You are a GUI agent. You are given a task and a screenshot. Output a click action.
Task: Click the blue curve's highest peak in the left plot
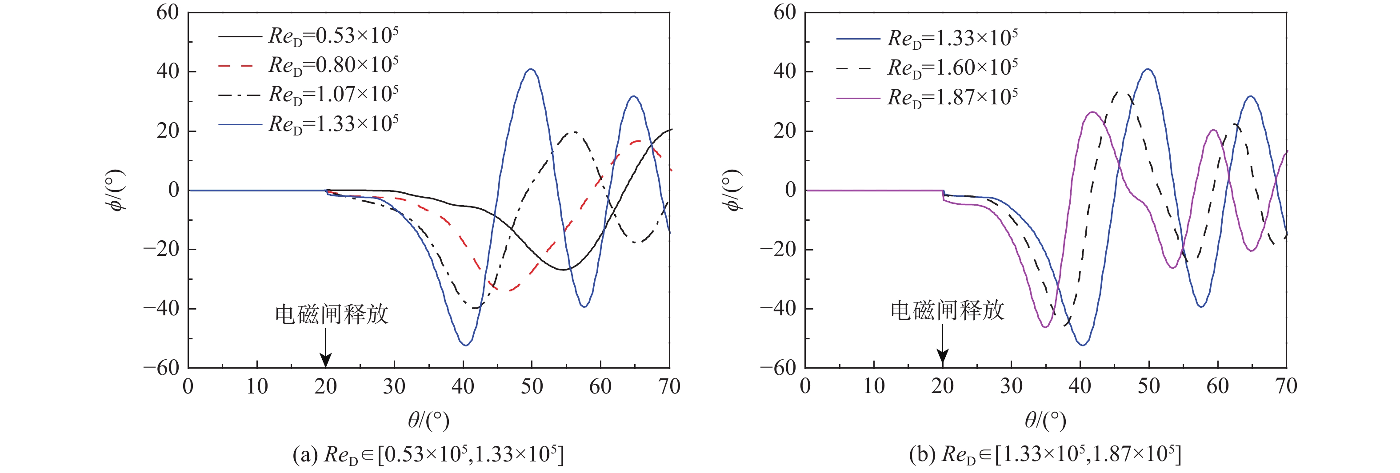coord(531,70)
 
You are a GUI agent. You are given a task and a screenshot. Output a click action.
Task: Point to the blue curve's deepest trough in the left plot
coord(466,344)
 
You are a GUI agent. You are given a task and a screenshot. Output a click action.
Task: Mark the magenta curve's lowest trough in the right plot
coord(1045,326)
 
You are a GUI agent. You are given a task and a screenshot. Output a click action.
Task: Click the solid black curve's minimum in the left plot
coord(563,269)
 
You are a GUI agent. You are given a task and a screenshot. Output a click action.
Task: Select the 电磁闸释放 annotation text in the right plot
coord(947,310)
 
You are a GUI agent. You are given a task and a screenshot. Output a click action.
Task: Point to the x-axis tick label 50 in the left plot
coord(532,387)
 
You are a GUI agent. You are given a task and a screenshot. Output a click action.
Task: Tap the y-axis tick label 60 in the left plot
coord(168,12)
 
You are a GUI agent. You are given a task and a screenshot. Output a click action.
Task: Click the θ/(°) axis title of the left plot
coord(428,420)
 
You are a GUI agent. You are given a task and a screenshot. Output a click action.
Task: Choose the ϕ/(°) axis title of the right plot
coord(732,190)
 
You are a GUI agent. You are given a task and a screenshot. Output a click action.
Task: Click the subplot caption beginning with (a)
coord(428,454)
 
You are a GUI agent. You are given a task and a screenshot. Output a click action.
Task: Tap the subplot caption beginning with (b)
coord(1044,454)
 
